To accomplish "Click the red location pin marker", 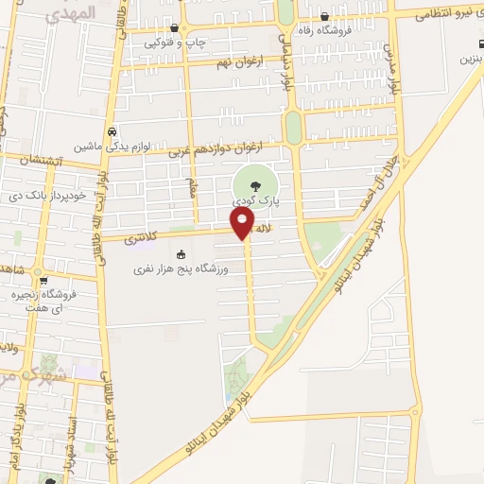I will pyautogui.click(x=243, y=222).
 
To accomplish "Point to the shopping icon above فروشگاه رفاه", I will pyautogui.click(x=324, y=15).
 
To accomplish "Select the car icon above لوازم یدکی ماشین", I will pyautogui.click(x=112, y=131).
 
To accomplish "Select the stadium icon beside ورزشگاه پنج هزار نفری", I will pyautogui.click(x=181, y=255).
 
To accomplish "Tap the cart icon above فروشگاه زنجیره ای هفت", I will pyautogui.click(x=42, y=281).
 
